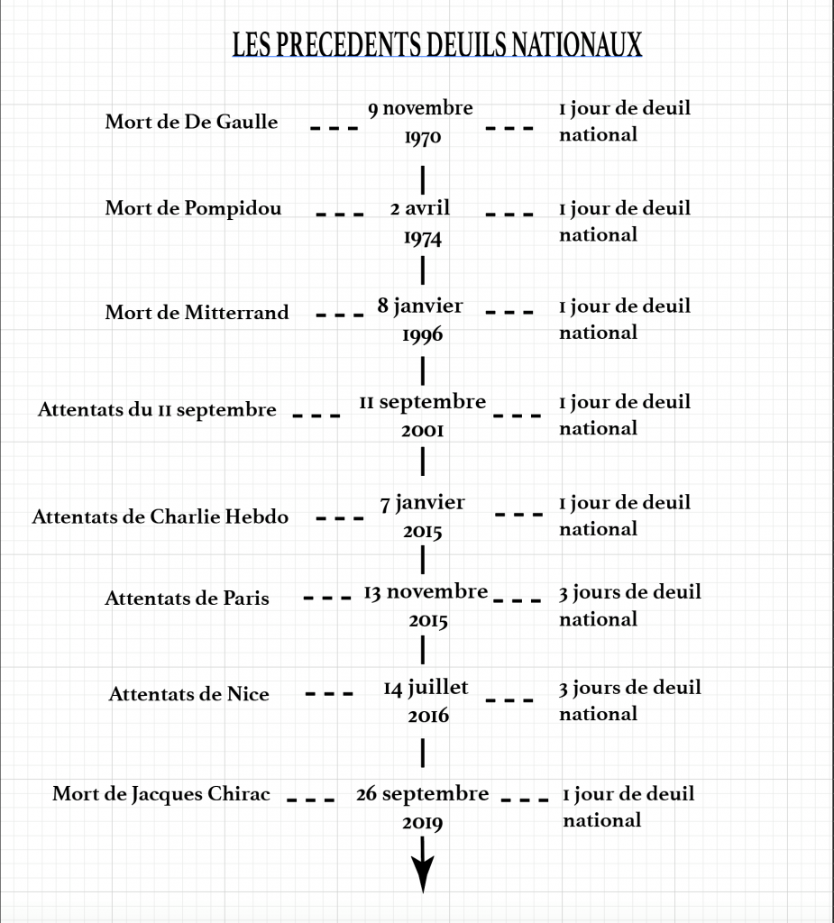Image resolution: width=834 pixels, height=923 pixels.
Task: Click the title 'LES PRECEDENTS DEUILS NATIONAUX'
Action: (437, 45)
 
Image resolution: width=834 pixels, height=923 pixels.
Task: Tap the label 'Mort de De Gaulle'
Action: (191, 122)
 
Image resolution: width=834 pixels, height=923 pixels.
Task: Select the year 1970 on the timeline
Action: (422, 138)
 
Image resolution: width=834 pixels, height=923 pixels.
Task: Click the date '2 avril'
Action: (420, 208)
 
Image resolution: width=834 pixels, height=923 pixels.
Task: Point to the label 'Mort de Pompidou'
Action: (193, 208)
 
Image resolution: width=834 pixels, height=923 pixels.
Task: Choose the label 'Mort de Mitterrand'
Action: (197, 312)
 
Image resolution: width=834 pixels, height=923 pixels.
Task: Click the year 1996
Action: (422, 335)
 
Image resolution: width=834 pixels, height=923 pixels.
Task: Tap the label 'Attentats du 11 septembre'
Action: (157, 410)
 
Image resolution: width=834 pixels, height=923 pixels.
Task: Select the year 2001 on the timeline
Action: (422, 430)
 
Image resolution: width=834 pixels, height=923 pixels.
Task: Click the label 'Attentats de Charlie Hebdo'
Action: (160, 516)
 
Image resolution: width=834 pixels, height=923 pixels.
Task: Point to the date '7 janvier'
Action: (422, 503)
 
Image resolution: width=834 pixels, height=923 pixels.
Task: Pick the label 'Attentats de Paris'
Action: (187, 599)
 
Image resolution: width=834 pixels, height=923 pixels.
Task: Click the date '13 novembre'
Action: (426, 592)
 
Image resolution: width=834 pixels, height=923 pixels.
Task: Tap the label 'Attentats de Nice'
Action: (189, 694)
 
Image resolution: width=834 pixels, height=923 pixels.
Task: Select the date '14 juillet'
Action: (426, 688)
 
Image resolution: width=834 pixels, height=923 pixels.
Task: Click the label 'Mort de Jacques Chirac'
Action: (161, 794)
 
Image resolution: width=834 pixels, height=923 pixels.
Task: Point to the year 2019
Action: (422, 823)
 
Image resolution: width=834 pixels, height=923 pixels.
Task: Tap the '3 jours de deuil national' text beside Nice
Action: (630, 700)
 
